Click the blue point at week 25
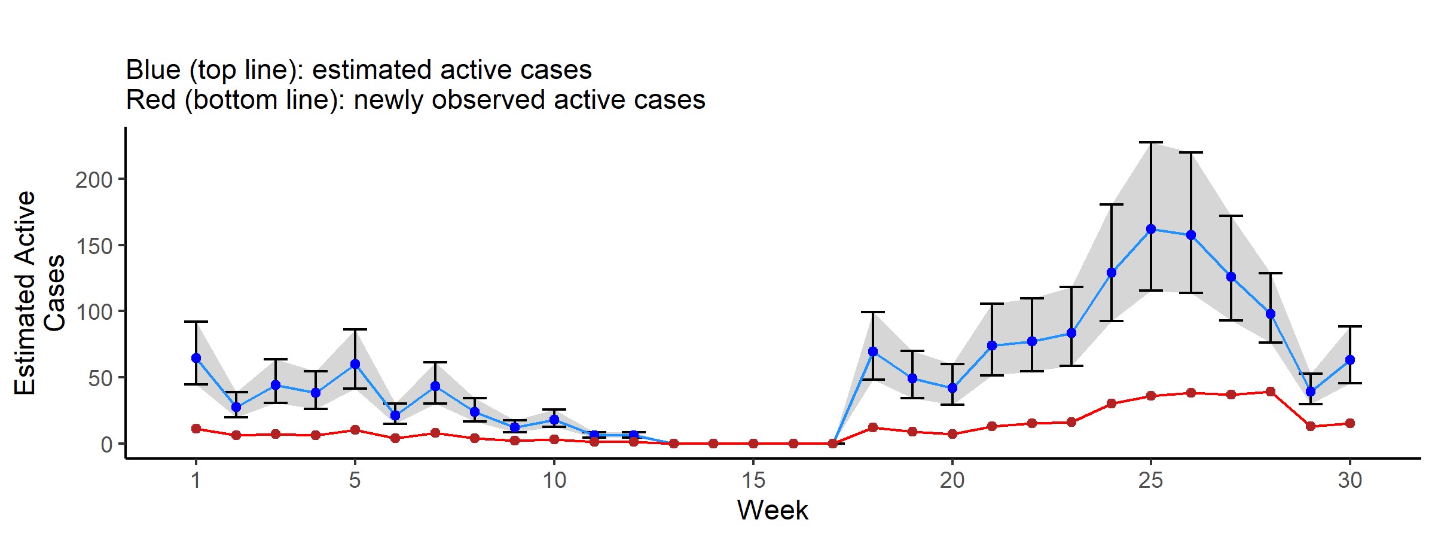click(x=1151, y=229)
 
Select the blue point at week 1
click(x=196, y=358)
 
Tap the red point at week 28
click(x=1271, y=392)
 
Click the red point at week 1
click(x=196, y=429)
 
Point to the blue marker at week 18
click(x=873, y=351)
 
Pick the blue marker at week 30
click(x=1349, y=360)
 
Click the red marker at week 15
click(x=753, y=444)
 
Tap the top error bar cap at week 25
click(x=1151, y=142)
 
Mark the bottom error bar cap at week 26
click(x=1191, y=293)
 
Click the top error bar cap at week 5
click(x=355, y=329)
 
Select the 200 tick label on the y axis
click(x=94, y=180)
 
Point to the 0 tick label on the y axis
click(x=107, y=445)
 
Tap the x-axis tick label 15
click(x=753, y=480)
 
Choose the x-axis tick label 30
click(x=1349, y=480)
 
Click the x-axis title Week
click(x=773, y=510)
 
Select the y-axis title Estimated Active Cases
click(x=39, y=293)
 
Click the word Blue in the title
click(x=153, y=70)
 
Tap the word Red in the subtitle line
click(x=151, y=100)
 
